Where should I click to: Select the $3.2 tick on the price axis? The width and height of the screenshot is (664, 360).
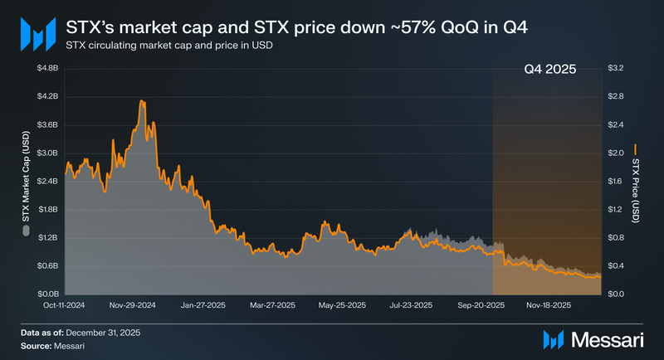click(x=618, y=68)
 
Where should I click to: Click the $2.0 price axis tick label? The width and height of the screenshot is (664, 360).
click(x=618, y=153)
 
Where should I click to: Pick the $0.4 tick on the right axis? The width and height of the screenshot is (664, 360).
click(x=618, y=265)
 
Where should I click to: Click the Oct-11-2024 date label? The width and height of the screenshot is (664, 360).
click(x=65, y=305)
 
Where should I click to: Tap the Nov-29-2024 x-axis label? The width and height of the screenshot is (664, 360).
click(x=134, y=305)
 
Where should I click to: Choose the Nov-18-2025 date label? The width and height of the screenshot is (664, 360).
click(x=548, y=305)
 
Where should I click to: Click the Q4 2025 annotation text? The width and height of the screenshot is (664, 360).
click(x=550, y=69)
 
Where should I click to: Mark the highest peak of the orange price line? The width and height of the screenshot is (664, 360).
click(x=142, y=101)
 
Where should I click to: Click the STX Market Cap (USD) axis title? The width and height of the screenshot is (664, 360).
click(x=26, y=180)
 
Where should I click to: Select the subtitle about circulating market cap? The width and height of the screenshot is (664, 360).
click(x=169, y=45)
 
